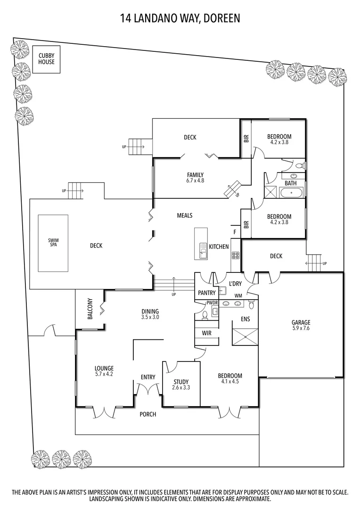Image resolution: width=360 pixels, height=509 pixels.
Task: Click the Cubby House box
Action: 46,59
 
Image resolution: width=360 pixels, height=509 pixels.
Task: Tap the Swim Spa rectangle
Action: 53,243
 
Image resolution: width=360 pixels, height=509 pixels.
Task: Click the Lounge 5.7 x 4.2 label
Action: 104,371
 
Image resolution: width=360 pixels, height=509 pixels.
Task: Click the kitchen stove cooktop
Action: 235,256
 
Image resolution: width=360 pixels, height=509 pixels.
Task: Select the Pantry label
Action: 206,292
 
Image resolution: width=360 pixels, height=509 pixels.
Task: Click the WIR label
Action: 206,333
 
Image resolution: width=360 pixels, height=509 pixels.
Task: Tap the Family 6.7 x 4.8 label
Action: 195,177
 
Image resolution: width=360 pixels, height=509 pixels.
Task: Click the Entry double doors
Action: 147,389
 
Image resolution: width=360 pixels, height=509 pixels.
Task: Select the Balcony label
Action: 90,310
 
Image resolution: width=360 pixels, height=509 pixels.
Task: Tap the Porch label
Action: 147,414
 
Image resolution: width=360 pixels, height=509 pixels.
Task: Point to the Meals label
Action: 184,215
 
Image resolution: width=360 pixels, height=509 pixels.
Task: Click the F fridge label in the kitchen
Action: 235,231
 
